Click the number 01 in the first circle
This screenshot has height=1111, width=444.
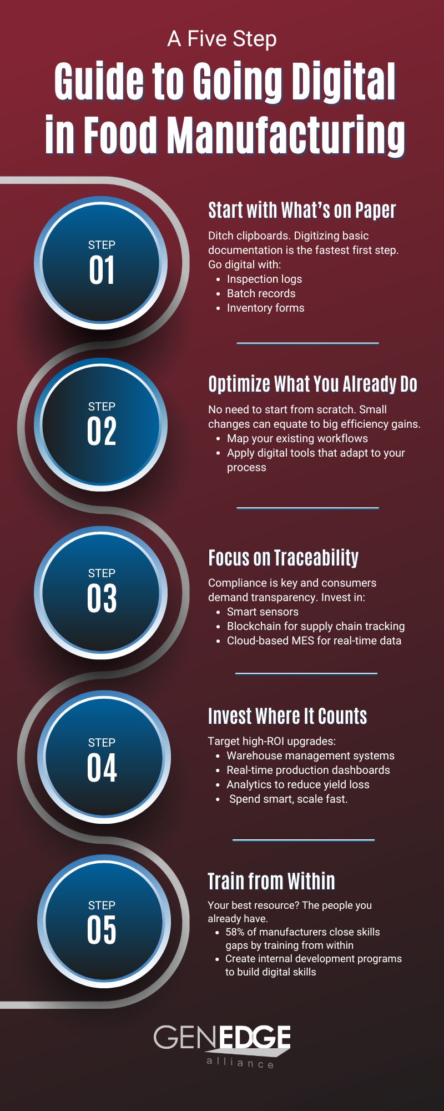(102, 271)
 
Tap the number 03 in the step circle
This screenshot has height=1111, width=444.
(102, 598)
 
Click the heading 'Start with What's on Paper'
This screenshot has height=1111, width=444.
(302, 211)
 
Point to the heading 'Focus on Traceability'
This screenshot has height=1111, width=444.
(283, 558)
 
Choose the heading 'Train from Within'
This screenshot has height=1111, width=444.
(271, 882)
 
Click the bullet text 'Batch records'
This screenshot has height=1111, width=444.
(261, 293)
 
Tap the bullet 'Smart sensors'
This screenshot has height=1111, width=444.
(263, 612)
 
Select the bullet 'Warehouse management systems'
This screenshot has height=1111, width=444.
(310, 755)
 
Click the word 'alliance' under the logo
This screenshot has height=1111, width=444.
(240, 1063)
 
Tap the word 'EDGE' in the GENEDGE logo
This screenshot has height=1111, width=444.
(254, 1037)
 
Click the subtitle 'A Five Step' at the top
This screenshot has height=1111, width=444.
(222, 39)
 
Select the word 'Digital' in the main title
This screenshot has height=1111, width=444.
(344, 82)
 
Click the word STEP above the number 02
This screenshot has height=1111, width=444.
(102, 407)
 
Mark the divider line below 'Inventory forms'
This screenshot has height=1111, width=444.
(307, 343)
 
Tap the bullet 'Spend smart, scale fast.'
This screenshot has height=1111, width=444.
(288, 799)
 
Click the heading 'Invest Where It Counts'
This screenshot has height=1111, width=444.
(287, 717)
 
